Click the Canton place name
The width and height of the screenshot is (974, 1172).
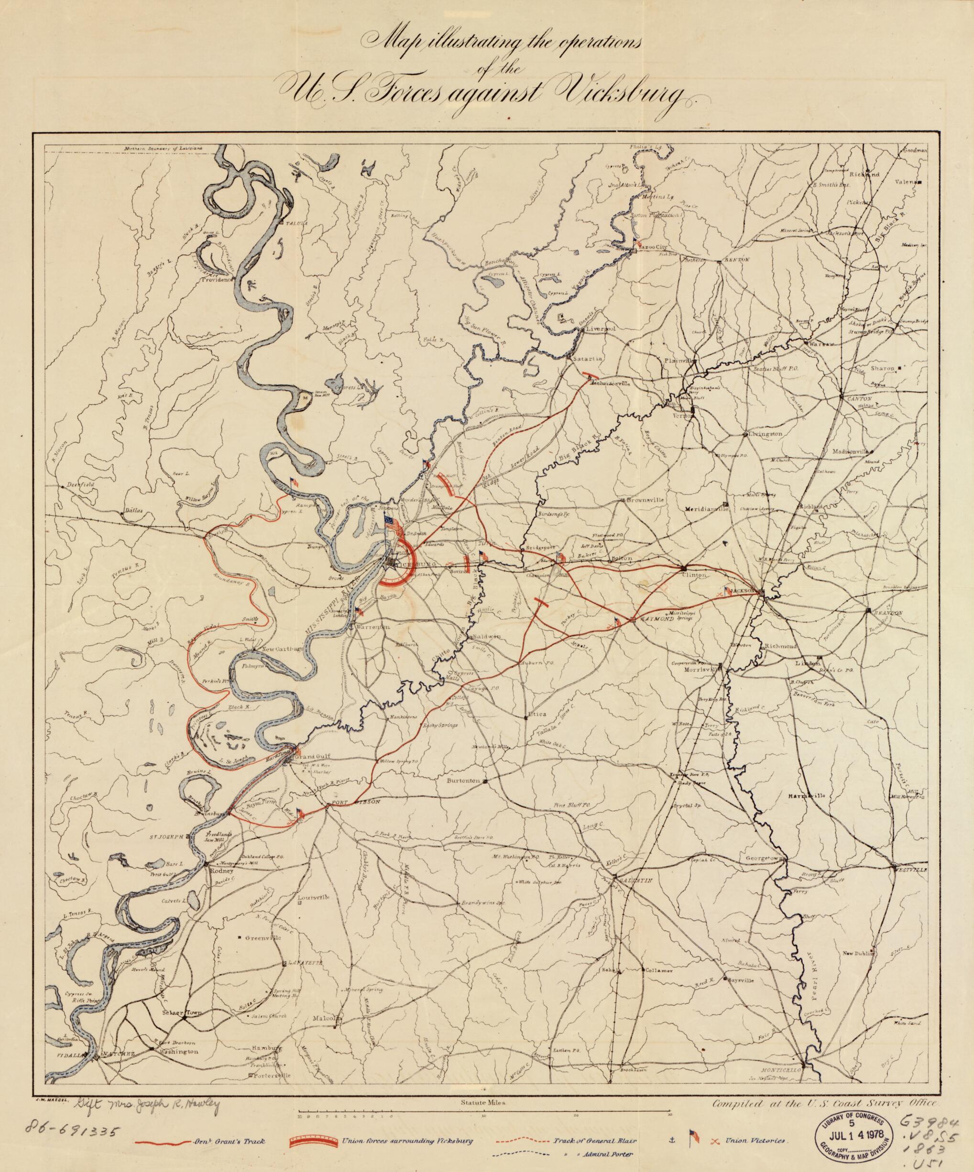[863, 399]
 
